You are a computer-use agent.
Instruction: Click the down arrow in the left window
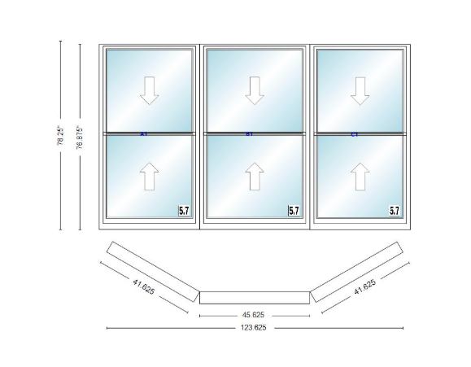tap(149, 90)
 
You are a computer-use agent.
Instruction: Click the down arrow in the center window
tap(255, 90)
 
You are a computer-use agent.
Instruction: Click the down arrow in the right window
tap(360, 90)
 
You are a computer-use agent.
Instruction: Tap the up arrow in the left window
tap(149, 176)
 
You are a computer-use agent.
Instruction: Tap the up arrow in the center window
tap(255, 176)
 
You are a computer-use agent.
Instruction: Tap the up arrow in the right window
tap(360, 176)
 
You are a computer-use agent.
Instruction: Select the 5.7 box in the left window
tap(185, 211)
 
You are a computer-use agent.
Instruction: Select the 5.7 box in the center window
tap(294, 211)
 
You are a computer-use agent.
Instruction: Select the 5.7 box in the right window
tap(395, 211)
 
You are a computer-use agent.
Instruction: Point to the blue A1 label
tap(143, 133)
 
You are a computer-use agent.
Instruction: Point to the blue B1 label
tap(250, 133)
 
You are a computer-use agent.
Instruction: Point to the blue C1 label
tap(355, 133)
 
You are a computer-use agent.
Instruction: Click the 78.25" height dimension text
tap(61, 135)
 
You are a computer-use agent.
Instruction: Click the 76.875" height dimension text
tap(80, 135)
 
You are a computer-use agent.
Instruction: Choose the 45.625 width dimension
tap(254, 314)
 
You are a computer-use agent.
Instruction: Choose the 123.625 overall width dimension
tap(254, 328)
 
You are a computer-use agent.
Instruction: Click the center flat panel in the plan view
tap(254, 297)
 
